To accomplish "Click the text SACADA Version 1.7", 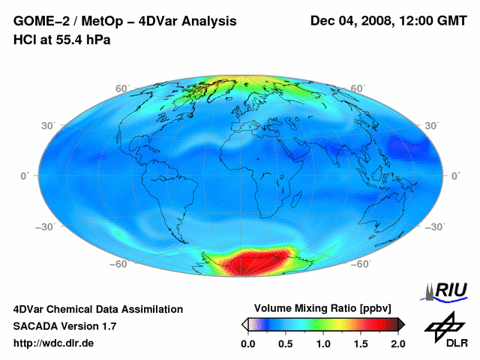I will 64,326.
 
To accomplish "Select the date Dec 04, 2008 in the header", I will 352,21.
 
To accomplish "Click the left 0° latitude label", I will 25,175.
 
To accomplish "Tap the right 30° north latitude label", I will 431,124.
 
